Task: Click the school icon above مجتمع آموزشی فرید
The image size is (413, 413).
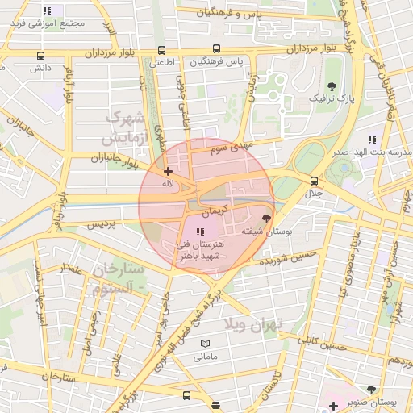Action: [x=48, y=10]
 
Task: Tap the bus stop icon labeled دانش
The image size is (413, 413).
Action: [x=40, y=56]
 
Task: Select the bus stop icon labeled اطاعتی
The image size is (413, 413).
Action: [x=162, y=49]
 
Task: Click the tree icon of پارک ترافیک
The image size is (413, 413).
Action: [x=332, y=86]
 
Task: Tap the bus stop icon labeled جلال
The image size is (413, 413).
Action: [x=314, y=181]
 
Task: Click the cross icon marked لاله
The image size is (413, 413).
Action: [x=167, y=170]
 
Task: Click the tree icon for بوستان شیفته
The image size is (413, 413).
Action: [x=267, y=218]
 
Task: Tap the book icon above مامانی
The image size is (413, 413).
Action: [x=205, y=344]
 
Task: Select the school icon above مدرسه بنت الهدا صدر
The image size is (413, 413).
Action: [x=371, y=139]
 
